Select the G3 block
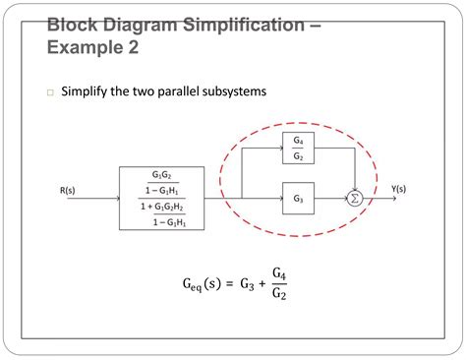click(298, 199)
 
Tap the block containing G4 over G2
click(298, 149)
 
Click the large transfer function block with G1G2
click(162, 198)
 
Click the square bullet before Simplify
click(48, 93)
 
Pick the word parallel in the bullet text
click(169, 91)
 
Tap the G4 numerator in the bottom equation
click(279, 273)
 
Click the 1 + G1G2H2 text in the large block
click(162, 207)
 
